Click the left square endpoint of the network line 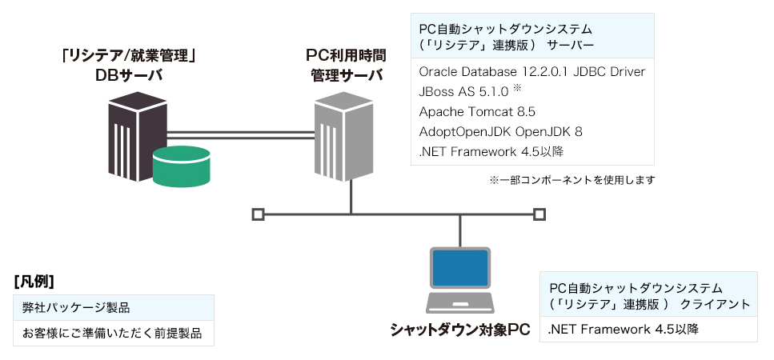(x=257, y=214)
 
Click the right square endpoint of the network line (x=539, y=214)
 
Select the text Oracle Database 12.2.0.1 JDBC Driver (x=531, y=72)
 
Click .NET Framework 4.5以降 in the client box (x=624, y=329)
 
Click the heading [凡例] (x=34, y=281)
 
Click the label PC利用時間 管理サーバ (x=346, y=66)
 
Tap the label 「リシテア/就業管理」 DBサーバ (x=129, y=66)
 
